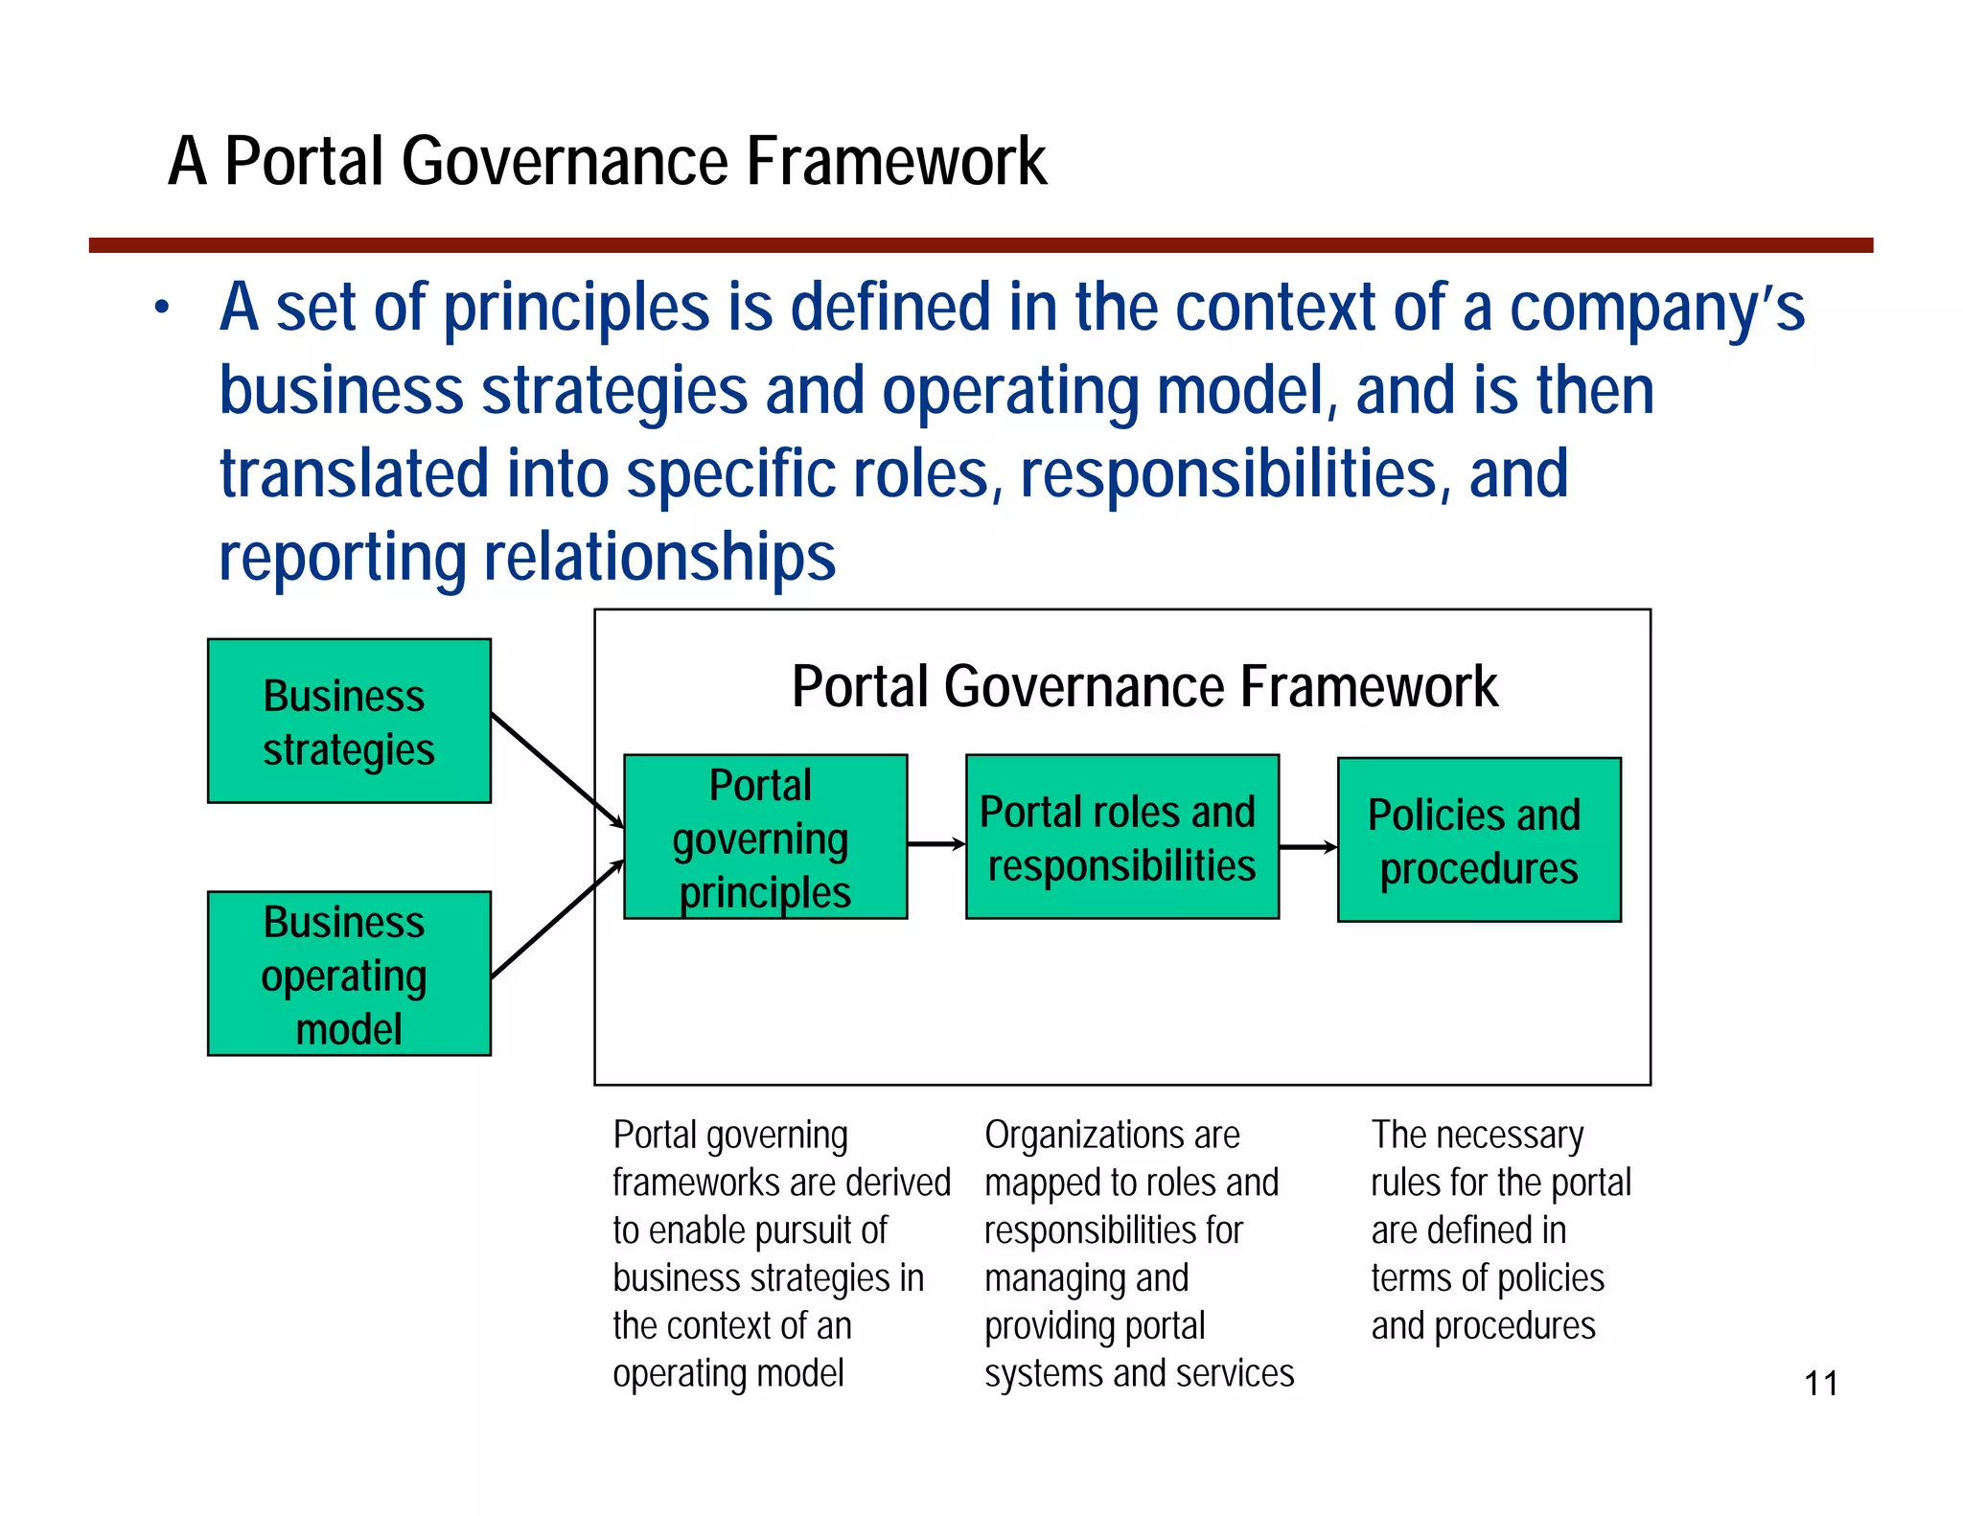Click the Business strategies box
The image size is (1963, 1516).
tap(349, 721)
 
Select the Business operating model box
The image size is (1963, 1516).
tap(349, 974)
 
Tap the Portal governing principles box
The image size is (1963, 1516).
tap(765, 837)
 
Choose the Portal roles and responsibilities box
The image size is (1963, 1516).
tap(1121, 837)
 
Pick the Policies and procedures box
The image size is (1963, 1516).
tap(1478, 840)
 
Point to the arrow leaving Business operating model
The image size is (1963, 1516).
tap(556, 920)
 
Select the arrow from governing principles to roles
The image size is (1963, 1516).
tap(935, 844)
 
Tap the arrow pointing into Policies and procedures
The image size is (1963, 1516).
tap(1307, 847)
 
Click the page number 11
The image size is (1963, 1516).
tap(1820, 1383)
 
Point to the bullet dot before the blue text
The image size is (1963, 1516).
tap(163, 308)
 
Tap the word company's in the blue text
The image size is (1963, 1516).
tap(1656, 309)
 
